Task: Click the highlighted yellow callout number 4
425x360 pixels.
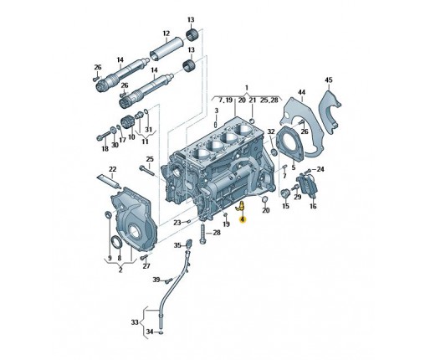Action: coord(243,219)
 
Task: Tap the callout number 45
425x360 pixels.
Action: coord(329,80)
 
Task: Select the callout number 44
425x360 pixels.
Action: coord(301,92)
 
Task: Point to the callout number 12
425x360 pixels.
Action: coord(166,33)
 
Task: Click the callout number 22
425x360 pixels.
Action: coord(112,169)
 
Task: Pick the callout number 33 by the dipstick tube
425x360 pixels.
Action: coord(135,322)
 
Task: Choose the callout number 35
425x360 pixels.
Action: coord(177,245)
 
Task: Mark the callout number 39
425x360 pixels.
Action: coord(156,280)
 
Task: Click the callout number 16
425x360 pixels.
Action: coord(313,206)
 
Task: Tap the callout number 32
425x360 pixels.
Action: coord(271,131)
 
